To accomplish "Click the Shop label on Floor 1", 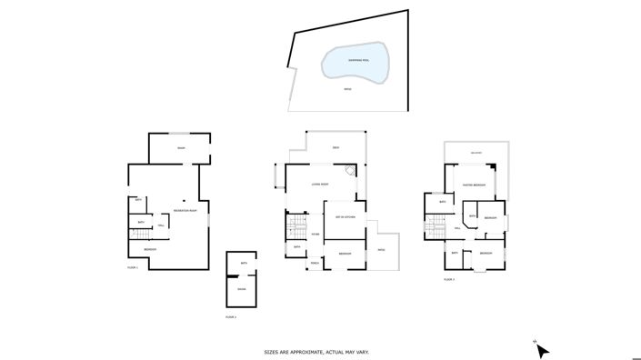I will tap(181, 148).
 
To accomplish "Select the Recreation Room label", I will tap(185, 211).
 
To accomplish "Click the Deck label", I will tap(336, 148).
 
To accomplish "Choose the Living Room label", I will tap(319, 185).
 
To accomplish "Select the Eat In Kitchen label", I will tap(344, 217).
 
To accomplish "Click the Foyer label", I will tap(315, 235).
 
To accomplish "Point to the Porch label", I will tap(314, 264).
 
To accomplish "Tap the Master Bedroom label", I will tap(474, 185).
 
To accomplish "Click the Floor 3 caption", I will tap(448, 279).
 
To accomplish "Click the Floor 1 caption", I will tap(132, 267).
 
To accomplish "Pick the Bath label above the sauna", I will tap(244, 264).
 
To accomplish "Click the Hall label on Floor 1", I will tap(161, 225).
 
